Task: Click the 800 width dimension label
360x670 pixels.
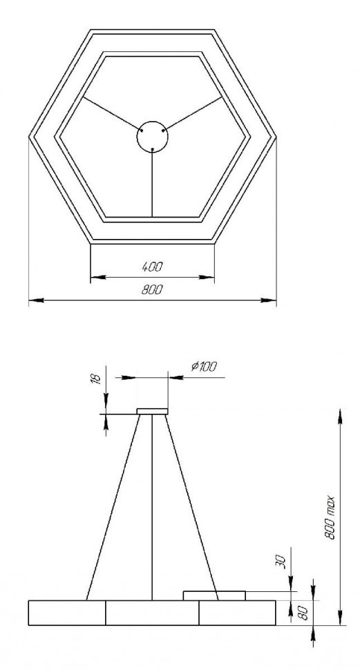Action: [152, 290]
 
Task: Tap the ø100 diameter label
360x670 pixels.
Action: [202, 366]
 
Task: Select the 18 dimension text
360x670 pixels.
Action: [96, 377]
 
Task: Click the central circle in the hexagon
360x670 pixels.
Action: [152, 135]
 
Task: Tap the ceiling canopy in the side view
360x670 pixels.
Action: [152, 412]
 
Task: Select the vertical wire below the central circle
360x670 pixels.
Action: [152, 183]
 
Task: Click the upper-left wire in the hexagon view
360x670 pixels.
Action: [111, 113]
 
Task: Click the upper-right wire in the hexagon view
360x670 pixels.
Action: [193, 113]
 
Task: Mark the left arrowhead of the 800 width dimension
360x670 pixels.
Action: [35, 301]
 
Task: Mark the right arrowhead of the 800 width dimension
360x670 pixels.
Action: [270, 301]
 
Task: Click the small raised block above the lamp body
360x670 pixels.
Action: [214, 595]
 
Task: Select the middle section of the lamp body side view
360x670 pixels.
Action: [152, 613]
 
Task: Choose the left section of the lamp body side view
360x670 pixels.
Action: [66, 613]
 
